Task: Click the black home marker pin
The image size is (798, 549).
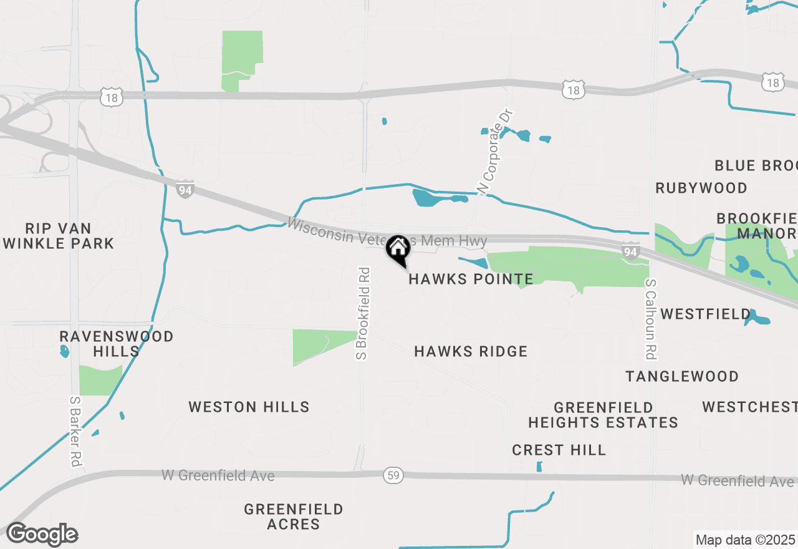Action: tap(398, 249)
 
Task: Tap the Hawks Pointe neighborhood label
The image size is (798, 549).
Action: tap(471, 279)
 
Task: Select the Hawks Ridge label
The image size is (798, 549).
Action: tap(471, 352)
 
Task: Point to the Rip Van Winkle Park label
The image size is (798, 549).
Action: tap(59, 236)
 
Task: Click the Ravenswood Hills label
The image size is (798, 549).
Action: tap(117, 344)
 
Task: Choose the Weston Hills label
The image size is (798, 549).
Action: tap(249, 407)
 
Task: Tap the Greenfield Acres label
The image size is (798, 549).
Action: tap(293, 517)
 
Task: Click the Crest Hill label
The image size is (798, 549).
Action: tap(559, 450)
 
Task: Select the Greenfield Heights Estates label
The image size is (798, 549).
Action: tap(603, 415)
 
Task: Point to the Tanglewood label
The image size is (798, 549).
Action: tap(682, 376)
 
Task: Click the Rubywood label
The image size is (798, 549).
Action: tap(701, 188)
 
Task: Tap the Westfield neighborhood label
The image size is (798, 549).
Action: tap(706, 314)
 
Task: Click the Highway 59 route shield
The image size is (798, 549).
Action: tap(393, 476)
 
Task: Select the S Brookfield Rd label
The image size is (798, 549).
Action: tap(363, 313)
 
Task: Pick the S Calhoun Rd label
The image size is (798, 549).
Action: tap(650, 319)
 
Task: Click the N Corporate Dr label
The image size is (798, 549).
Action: tap(494, 152)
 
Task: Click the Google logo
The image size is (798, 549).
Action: tap(42, 534)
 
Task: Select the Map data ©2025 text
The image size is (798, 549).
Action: tap(745, 540)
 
